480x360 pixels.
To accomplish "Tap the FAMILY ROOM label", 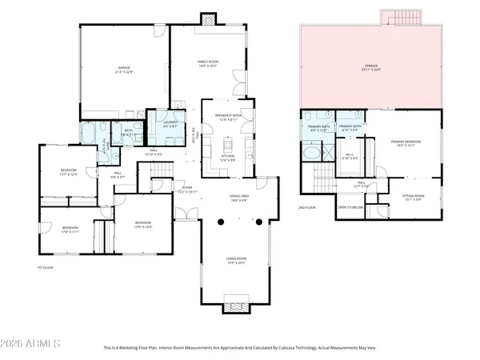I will pos(208,62).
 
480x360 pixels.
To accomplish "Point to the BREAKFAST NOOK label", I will pos(228,117).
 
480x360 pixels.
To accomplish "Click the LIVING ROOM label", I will pos(234,260).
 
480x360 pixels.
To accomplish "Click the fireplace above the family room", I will pos(208,18).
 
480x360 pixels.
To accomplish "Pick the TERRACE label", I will pos(371,66).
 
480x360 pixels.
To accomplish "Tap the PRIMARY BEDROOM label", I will pos(406,143).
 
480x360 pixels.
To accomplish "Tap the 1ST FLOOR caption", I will pos(45,267).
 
